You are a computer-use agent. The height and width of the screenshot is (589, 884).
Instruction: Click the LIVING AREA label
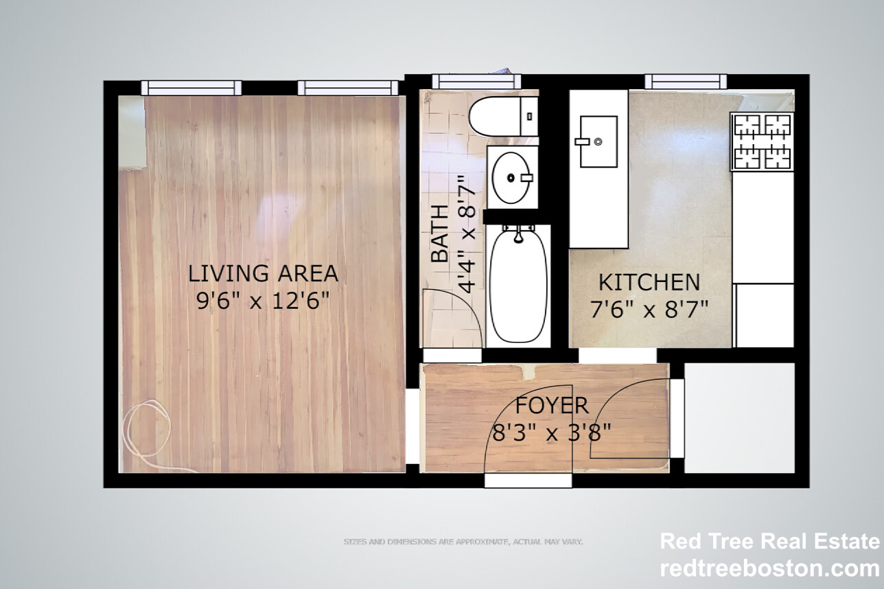click(x=263, y=273)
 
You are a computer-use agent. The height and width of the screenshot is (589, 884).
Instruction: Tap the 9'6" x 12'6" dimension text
click(x=263, y=301)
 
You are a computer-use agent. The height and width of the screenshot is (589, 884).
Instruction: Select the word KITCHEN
click(x=649, y=282)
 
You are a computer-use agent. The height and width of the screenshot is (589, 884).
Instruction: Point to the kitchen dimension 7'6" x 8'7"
click(x=649, y=310)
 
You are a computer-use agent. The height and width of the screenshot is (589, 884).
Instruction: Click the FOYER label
click(x=552, y=406)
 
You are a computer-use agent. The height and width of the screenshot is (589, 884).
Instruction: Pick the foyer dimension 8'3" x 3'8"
click(x=552, y=433)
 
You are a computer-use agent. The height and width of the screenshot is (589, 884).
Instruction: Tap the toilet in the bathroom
click(x=504, y=116)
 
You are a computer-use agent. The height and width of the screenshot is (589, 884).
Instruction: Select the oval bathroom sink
click(x=512, y=178)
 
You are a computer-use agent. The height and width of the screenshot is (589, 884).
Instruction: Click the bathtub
click(x=520, y=286)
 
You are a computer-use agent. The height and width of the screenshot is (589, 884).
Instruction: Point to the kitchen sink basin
click(x=598, y=141)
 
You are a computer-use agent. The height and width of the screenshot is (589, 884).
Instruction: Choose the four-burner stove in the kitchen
click(x=762, y=141)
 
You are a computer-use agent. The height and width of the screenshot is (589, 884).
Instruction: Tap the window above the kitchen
click(x=685, y=82)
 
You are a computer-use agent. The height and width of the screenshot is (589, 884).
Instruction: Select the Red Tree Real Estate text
click(x=769, y=542)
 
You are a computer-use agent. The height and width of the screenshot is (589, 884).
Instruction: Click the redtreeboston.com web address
click(x=769, y=568)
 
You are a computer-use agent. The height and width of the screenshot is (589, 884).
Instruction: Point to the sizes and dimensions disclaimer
click(x=463, y=542)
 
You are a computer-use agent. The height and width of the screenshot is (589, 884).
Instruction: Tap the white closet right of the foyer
click(x=739, y=417)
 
